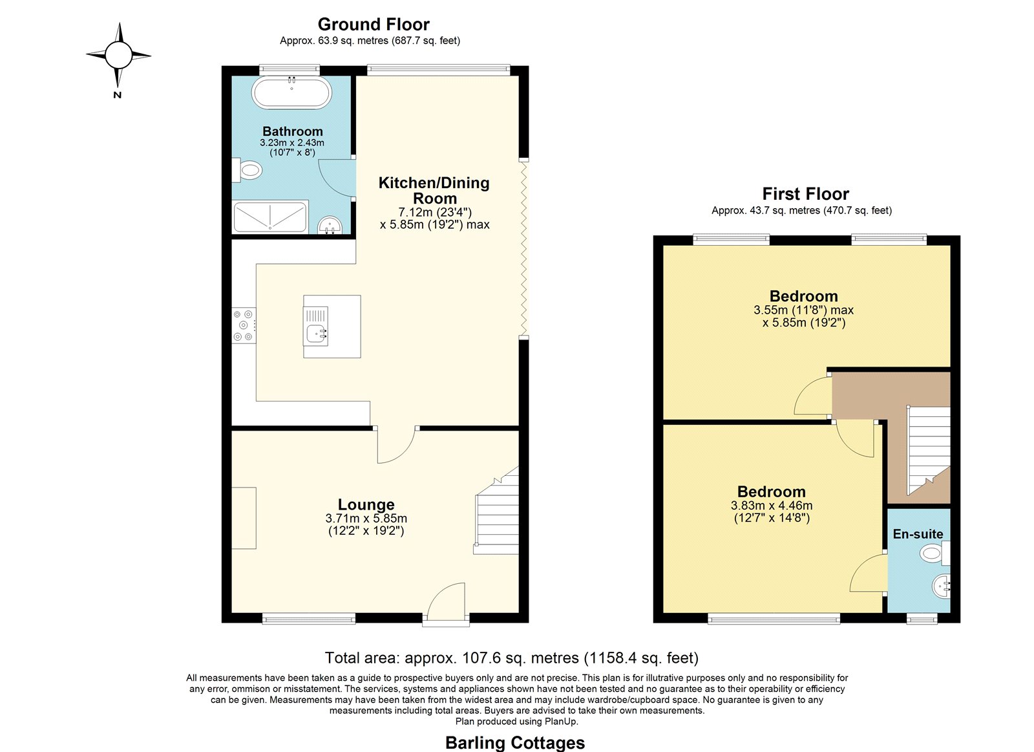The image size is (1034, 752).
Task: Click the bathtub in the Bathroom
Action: (291, 92)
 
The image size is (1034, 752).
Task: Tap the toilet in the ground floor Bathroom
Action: (248, 171)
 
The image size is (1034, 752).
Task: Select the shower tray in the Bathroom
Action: (270, 217)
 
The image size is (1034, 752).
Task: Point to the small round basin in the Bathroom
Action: (330, 226)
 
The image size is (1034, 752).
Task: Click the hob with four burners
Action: (244, 325)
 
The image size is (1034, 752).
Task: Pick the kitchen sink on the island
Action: (316, 326)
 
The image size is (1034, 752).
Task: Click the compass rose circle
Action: (119, 55)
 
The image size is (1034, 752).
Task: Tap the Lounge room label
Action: (366, 504)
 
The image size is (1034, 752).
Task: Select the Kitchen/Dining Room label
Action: (434, 190)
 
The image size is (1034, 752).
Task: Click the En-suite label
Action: (918, 534)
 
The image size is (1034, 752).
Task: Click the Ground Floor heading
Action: (374, 24)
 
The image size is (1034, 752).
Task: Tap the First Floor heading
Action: (805, 193)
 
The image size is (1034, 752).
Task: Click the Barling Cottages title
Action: (514, 742)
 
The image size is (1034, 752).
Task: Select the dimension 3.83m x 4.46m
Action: (772, 506)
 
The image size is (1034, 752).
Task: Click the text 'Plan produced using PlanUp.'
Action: (516, 721)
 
